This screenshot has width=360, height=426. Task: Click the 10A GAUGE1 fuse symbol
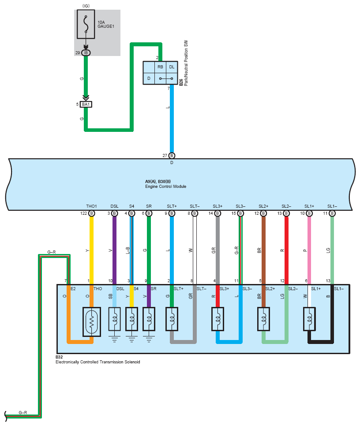click(x=86, y=24)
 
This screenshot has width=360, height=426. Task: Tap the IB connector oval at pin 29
click(x=86, y=53)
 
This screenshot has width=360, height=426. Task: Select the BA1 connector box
click(x=86, y=105)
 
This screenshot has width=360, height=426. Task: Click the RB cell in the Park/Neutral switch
click(x=160, y=67)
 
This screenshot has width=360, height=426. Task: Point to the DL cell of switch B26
click(x=172, y=67)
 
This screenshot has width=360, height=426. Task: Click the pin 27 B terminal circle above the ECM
click(x=172, y=155)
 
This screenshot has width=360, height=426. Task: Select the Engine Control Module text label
click(x=166, y=187)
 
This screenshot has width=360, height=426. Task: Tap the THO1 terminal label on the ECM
click(x=92, y=206)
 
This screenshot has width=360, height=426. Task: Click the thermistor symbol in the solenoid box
click(x=92, y=322)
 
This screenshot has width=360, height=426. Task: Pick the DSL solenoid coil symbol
click(x=114, y=319)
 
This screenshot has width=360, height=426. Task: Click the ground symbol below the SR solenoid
click(x=149, y=339)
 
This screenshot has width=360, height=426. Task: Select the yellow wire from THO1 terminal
click(x=92, y=250)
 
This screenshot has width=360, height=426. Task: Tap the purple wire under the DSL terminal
click(x=114, y=250)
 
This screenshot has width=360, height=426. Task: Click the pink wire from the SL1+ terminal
click(x=309, y=250)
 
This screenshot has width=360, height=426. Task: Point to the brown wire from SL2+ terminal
click(x=263, y=250)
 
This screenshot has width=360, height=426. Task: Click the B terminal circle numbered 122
click(x=92, y=213)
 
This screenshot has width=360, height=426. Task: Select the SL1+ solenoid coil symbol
click(x=309, y=319)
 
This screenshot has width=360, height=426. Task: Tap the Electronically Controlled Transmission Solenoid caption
click(x=98, y=362)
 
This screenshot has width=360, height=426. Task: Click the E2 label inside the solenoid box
click(x=73, y=288)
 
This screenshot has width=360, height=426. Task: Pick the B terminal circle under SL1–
click(x=332, y=213)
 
